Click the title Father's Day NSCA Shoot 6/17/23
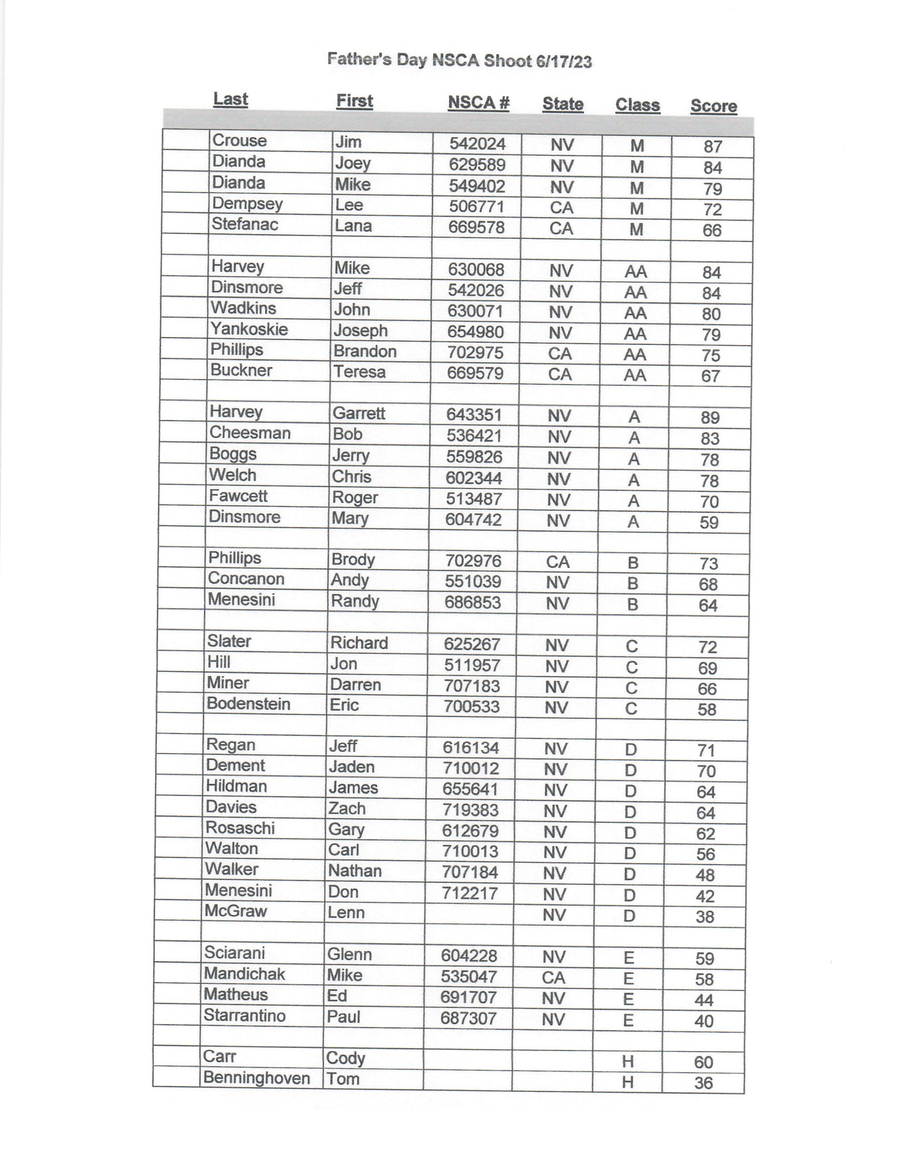point(460,60)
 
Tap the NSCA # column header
point(479,102)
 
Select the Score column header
point(713,106)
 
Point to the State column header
point(562,103)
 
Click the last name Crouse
point(239,141)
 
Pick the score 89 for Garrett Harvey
point(710,417)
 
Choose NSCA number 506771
point(476,207)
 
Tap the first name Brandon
point(365,351)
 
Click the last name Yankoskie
point(249,329)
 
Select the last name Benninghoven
point(257,1078)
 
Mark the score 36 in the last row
point(703,1083)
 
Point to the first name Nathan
point(355,871)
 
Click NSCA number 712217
point(470,893)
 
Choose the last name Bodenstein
point(248,704)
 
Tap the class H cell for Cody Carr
point(627,1062)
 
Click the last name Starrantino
point(244,1015)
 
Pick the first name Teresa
point(359,372)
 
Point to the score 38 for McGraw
point(704,917)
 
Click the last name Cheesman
point(250,433)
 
